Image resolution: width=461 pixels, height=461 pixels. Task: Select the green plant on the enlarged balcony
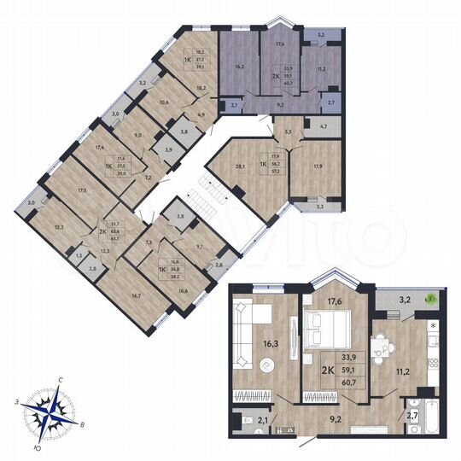(431, 299)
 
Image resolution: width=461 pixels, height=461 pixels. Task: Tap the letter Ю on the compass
(39, 445)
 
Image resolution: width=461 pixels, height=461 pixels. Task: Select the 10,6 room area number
(150, 102)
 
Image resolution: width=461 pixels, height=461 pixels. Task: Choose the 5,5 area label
(288, 131)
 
